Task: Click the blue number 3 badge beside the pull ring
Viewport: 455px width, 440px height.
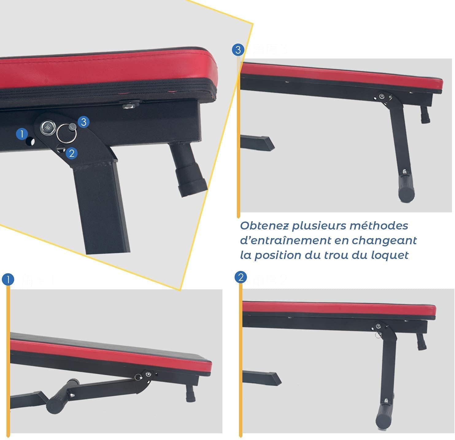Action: pyautogui.click(x=83, y=122)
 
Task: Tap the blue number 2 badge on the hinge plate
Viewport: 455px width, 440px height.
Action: pyautogui.click(x=72, y=153)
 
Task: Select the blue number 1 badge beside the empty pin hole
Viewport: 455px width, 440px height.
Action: pyautogui.click(x=22, y=134)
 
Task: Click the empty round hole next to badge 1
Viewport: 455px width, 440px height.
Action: pyautogui.click(x=30, y=142)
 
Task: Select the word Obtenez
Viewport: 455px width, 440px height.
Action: pyautogui.click(x=264, y=226)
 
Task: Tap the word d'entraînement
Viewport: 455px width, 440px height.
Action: pyautogui.click(x=286, y=241)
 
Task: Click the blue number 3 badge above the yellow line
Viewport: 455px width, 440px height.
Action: pyautogui.click(x=238, y=50)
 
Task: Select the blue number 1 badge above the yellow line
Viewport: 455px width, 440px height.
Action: pyautogui.click(x=8, y=280)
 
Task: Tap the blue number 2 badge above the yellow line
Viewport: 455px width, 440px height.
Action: pyautogui.click(x=241, y=277)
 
